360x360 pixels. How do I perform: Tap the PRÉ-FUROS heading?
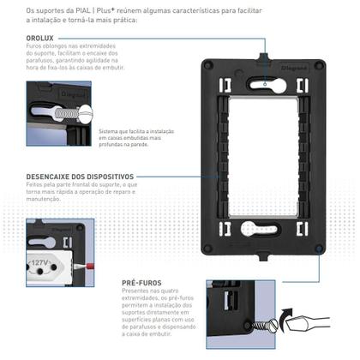[x=143, y=281]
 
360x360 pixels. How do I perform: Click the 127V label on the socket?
[x=41, y=263]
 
